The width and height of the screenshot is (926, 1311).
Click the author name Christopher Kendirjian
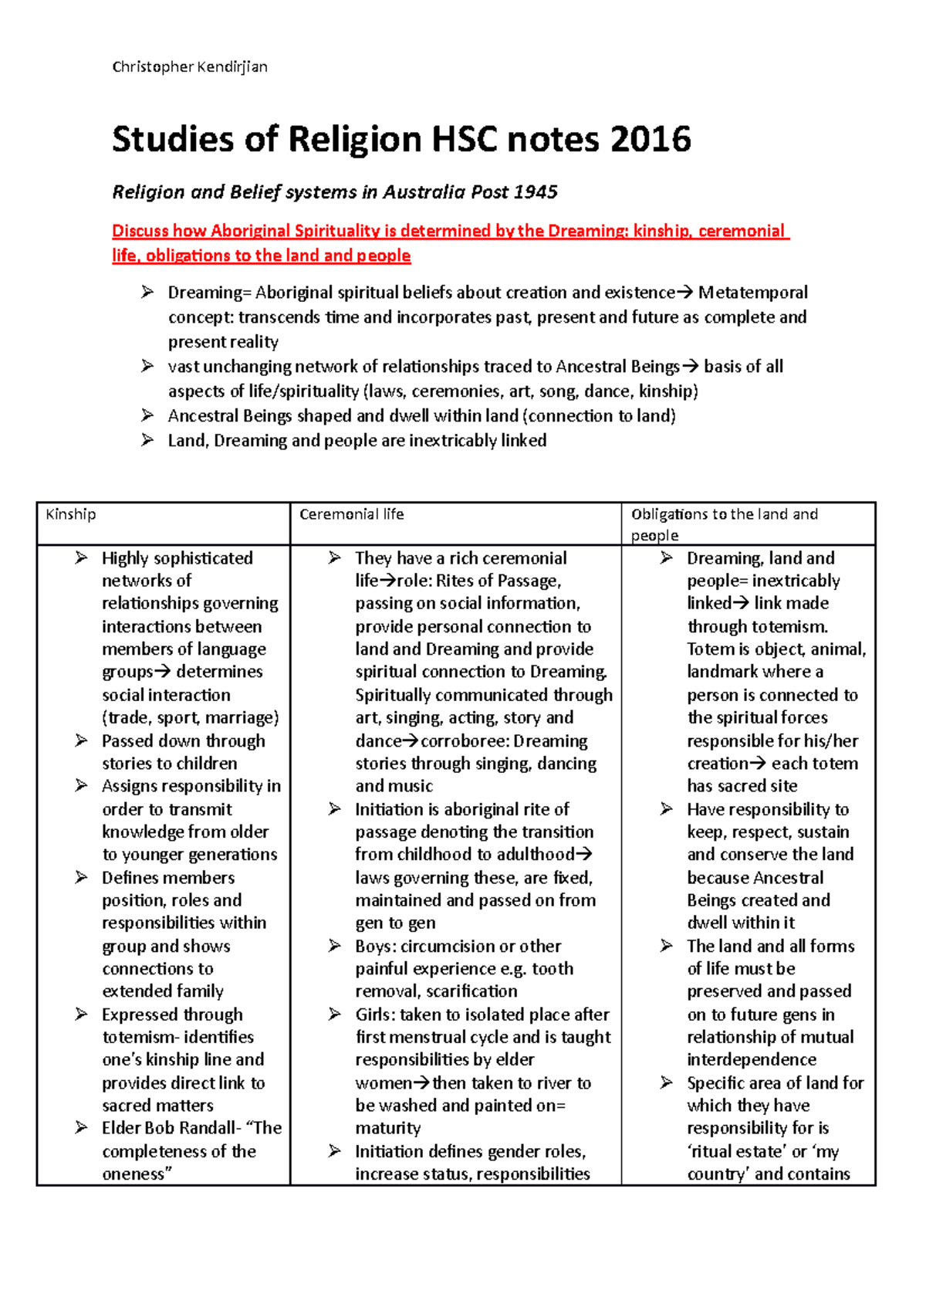[190, 66]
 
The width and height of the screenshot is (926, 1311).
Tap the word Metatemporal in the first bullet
[753, 293]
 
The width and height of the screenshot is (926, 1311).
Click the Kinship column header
[71, 514]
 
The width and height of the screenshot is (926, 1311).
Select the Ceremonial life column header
[351, 514]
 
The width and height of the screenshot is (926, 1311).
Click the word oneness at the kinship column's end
[134, 1174]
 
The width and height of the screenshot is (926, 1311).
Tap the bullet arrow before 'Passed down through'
[82, 740]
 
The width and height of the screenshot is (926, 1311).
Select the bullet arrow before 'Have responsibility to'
[667, 809]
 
